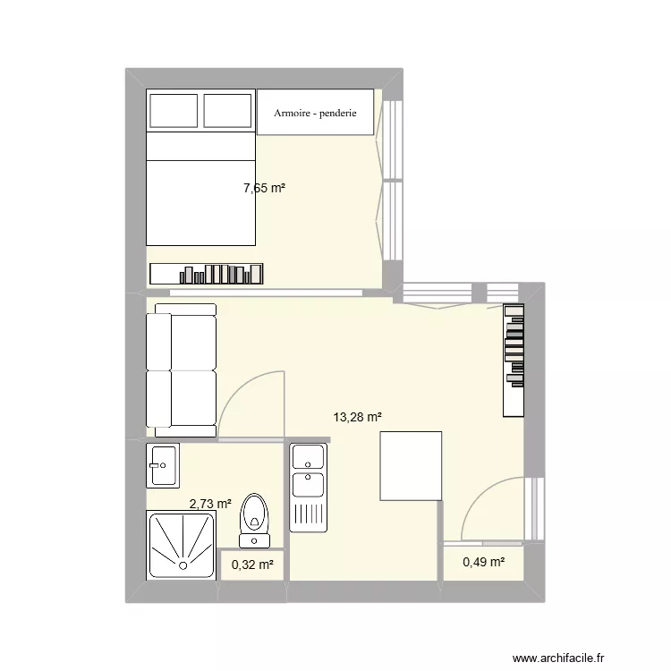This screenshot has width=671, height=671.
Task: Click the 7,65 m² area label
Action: tap(264, 188)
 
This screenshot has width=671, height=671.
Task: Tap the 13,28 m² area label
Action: tap(358, 417)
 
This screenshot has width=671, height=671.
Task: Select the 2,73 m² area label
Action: tap(210, 505)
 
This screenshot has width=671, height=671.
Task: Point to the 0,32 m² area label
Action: tap(253, 564)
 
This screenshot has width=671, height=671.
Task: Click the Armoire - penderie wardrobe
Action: tap(315, 113)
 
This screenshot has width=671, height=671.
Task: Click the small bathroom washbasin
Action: tap(162, 464)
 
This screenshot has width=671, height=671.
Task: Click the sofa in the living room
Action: tap(181, 369)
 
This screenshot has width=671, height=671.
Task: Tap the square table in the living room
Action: tap(411, 465)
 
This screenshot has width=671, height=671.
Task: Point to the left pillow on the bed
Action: tap(173, 110)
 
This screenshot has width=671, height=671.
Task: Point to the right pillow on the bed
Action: tap(228, 110)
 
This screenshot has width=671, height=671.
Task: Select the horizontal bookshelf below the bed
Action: tap(207, 274)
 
